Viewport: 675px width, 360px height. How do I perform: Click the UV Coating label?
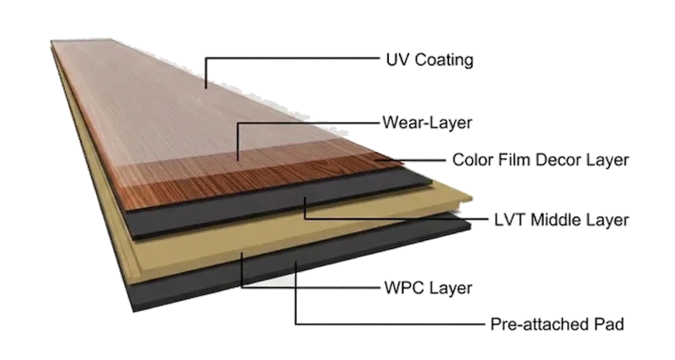[429, 60]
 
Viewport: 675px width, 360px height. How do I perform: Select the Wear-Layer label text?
[428, 122]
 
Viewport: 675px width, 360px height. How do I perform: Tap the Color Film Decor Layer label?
[541, 159]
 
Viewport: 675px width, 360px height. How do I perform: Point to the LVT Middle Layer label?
[561, 220]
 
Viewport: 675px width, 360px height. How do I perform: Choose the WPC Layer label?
[428, 288]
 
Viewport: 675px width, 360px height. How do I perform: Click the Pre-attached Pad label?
[557, 324]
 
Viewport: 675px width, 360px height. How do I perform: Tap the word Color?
[473, 159]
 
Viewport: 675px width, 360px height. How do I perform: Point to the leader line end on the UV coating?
[206, 87]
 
